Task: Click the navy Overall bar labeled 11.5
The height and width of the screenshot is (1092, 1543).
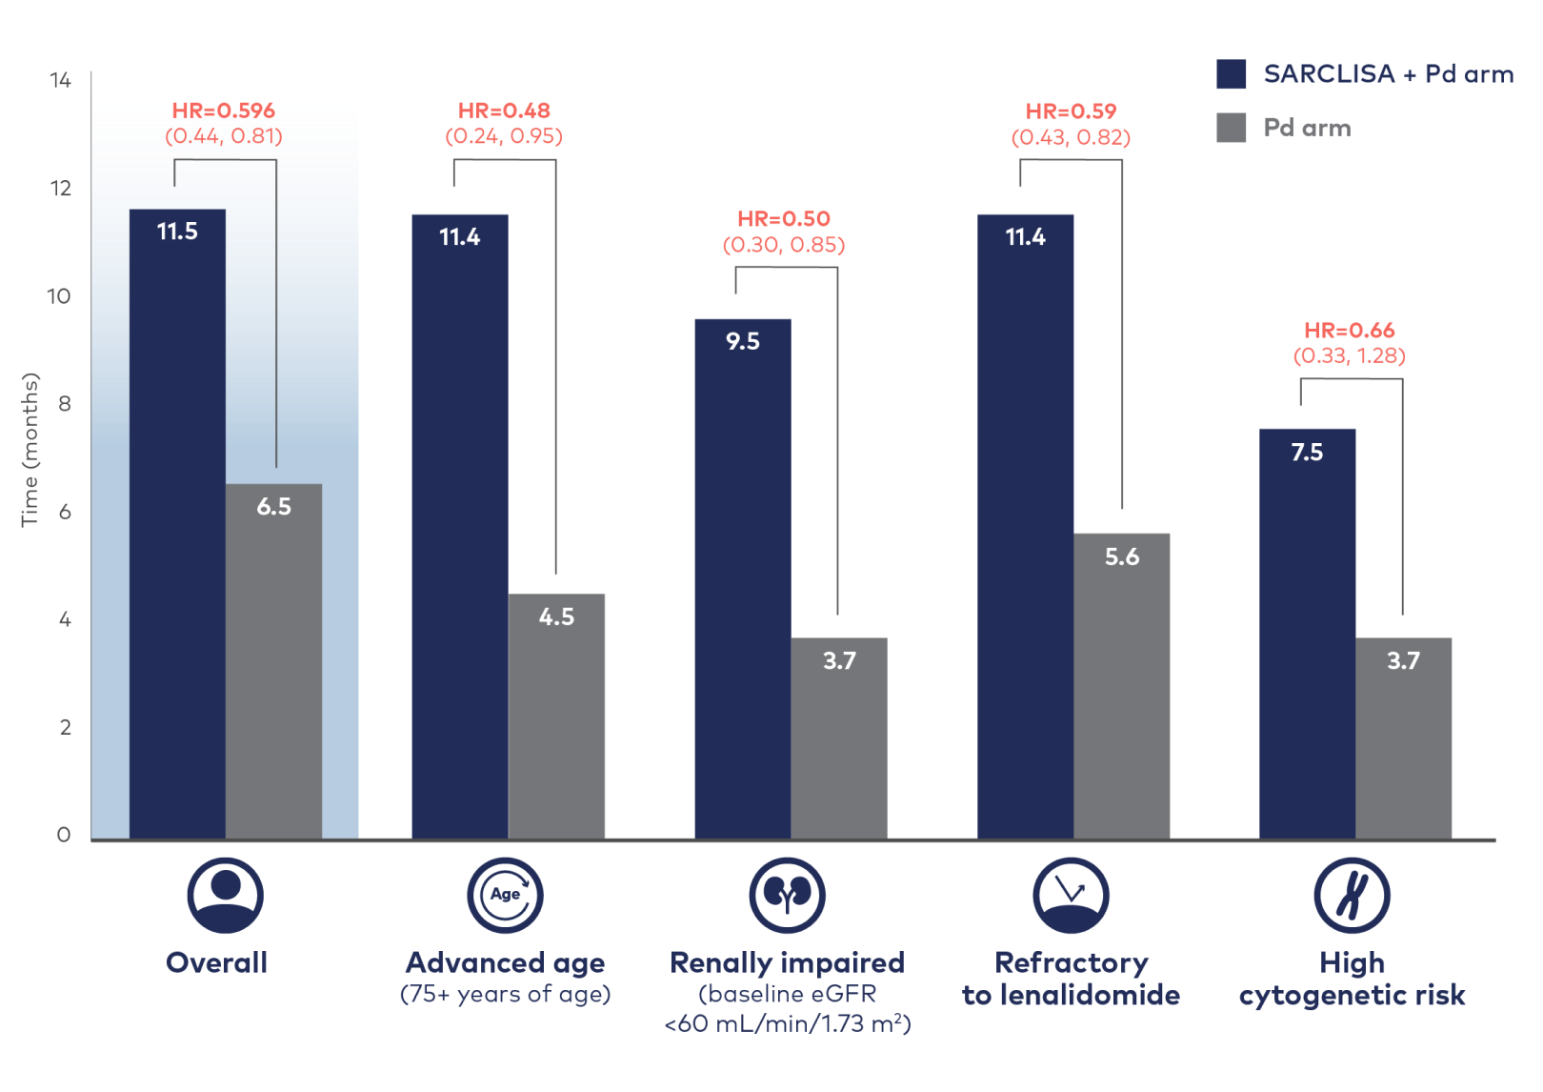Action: [177, 524]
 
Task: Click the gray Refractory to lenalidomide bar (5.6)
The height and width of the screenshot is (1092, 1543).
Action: [1121, 686]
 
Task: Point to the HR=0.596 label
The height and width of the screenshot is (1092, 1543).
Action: [224, 111]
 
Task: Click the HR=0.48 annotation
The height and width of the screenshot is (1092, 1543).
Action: [504, 111]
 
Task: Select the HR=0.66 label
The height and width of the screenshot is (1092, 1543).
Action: [1349, 331]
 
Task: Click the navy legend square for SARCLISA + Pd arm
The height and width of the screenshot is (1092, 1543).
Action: [1231, 74]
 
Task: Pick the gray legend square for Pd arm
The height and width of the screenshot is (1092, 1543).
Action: [1231, 128]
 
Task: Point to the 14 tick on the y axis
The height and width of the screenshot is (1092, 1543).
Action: [60, 81]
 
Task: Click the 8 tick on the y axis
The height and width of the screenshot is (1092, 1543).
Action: [64, 404]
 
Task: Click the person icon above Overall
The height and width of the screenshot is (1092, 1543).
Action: [225, 895]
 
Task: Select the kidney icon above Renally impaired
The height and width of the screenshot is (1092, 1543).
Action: [787, 895]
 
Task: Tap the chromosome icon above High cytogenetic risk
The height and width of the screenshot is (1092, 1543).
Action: [1351, 895]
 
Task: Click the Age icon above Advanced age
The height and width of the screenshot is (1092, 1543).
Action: [505, 895]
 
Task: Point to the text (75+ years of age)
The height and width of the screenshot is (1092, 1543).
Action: [505, 995]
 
